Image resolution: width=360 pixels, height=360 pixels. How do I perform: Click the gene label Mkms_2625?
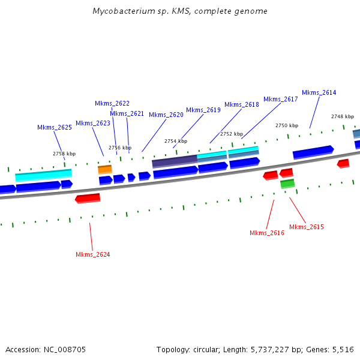(x=55, y=127)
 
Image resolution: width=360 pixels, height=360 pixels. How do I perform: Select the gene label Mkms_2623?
(x=93, y=123)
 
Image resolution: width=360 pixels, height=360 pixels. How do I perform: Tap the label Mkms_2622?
(x=112, y=103)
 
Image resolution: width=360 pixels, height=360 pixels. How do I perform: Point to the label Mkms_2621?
(x=127, y=113)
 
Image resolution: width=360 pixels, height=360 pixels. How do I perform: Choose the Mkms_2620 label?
(x=166, y=115)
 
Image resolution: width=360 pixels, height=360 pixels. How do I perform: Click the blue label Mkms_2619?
(x=203, y=110)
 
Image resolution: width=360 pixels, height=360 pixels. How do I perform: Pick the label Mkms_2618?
(x=242, y=104)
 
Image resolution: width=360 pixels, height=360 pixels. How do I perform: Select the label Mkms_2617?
(x=281, y=99)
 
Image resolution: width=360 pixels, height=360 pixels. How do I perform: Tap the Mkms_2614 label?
(x=319, y=92)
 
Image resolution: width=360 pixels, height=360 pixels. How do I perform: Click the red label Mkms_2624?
(x=93, y=254)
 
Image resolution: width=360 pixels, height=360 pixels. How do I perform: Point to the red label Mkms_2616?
(x=267, y=233)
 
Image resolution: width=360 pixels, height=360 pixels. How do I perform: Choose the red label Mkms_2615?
(x=307, y=227)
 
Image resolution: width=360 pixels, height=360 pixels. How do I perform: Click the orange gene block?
(x=105, y=170)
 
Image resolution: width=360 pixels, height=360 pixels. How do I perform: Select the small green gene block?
(x=287, y=183)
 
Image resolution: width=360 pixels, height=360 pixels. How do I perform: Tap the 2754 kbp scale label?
(x=176, y=141)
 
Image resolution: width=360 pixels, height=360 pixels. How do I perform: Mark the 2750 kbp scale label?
(x=287, y=125)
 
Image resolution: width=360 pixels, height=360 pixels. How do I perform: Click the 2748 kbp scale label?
(x=343, y=116)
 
